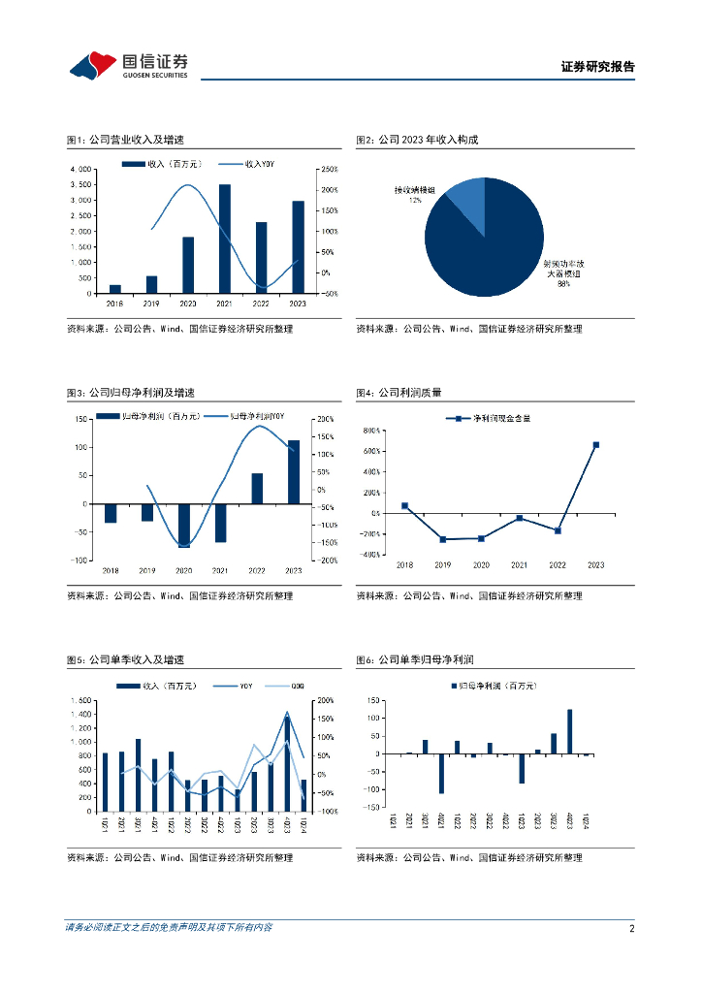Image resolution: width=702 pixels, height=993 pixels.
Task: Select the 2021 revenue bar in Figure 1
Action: pyautogui.click(x=225, y=239)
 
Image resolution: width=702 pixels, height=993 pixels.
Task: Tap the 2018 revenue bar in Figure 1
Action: pyautogui.click(x=115, y=289)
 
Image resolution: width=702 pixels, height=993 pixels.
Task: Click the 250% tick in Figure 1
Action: pyautogui.click(x=329, y=170)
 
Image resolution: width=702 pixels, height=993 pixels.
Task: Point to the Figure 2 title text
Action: pyautogui.click(x=417, y=141)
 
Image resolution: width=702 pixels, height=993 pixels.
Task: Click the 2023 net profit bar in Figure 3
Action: pyautogui.click(x=294, y=472)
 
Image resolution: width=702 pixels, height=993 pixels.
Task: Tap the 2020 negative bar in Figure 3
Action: pyautogui.click(x=184, y=524)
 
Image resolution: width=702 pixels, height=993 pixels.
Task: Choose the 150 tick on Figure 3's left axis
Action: pyautogui.click(x=82, y=419)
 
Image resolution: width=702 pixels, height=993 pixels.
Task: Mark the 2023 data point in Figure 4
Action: pyautogui.click(x=595, y=445)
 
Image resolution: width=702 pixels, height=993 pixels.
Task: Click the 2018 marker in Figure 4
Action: pyautogui.click(x=404, y=506)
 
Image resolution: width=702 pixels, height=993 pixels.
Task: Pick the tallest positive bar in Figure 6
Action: pyautogui.click(x=569, y=732)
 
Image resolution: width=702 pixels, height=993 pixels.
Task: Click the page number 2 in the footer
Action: pyautogui.click(x=631, y=928)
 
